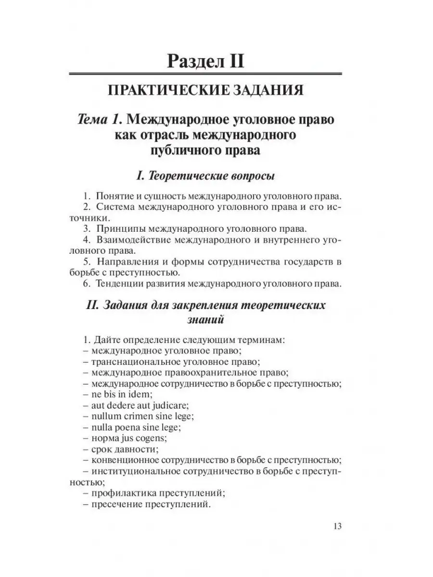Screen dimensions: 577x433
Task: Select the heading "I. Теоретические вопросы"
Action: (206, 176)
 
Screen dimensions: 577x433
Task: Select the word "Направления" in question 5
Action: (124, 262)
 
